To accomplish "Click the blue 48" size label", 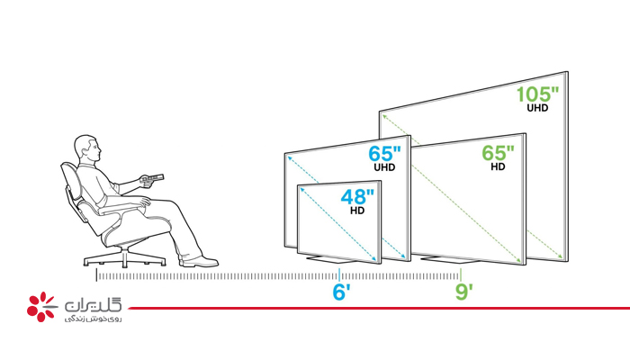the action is pos(357,197).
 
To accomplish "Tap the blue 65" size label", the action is pos(384,154).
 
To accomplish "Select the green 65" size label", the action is pos(498,153).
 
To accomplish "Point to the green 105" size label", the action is pos(537,94).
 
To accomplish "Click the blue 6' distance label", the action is pos(341,292).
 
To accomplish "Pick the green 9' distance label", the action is pos(463,292).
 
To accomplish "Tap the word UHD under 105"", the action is pos(537,108).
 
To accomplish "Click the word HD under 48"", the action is pos(357,210).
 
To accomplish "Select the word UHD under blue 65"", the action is pos(384,167).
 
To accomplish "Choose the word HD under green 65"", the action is pos(498,166).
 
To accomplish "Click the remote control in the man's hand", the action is pos(152,178).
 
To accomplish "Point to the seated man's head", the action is pos(87,149).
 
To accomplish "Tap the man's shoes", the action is pos(199,262).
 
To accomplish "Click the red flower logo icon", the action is pos(40,307).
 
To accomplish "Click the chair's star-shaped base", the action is pos(124,258).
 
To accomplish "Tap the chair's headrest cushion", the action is pos(69,174).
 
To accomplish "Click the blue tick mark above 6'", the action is pos(339,274).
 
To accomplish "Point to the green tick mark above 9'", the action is pos(461,274).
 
